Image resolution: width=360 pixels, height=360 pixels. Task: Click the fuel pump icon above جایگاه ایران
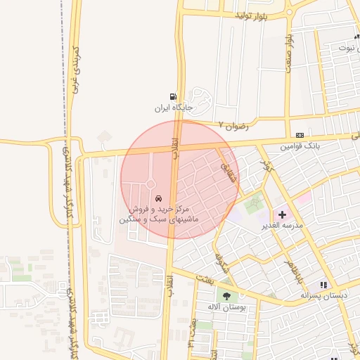tap(173, 97)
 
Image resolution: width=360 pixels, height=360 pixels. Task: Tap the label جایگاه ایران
tap(173, 108)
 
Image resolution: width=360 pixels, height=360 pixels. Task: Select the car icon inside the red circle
tap(159, 198)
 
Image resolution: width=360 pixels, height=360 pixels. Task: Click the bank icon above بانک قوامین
tap(300, 135)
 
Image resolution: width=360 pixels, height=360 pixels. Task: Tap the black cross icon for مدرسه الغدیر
tap(282, 214)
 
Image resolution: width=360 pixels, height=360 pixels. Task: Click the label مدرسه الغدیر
tap(282, 226)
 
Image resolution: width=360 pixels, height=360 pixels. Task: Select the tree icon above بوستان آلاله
tap(226, 296)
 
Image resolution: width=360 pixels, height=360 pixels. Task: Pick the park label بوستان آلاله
tap(226, 307)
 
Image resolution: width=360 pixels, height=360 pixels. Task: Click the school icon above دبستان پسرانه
tap(323, 285)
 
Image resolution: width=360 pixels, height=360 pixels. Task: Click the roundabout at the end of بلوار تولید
tap(290, 12)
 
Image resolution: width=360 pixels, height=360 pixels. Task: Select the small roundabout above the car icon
tap(150, 184)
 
